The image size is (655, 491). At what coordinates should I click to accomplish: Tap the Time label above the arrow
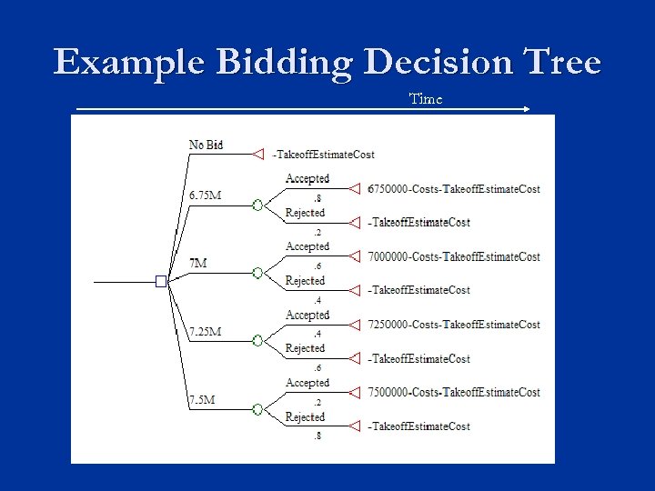click(x=426, y=98)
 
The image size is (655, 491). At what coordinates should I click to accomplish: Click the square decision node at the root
click(x=161, y=281)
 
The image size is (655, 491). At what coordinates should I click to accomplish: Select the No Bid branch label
click(x=206, y=145)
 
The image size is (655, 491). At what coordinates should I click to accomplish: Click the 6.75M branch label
click(x=205, y=195)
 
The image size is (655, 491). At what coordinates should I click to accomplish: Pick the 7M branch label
click(x=197, y=263)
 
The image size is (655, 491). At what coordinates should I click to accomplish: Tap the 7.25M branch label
click(x=205, y=332)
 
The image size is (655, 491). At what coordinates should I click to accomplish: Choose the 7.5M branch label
click(x=202, y=400)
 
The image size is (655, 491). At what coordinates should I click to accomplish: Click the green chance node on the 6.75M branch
click(x=257, y=205)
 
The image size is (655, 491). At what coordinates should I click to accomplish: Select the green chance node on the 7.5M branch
click(x=257, y=410)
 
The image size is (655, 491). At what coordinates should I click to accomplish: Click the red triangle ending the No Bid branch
click(x=257, y=155)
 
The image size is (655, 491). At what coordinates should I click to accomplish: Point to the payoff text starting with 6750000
click(x=454, y=189)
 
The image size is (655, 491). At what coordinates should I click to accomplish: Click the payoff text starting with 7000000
click(x=454, y=257)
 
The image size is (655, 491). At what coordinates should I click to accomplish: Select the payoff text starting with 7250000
click(x=454, y=325)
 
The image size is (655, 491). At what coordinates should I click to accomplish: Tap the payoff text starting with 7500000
click(x=454, y=393)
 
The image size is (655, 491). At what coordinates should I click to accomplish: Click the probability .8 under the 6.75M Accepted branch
click(x=317, y=198)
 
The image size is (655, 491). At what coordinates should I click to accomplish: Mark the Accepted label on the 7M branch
click(x=307, y=246)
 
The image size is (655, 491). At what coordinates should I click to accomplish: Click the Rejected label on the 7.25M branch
click(x=305, y=348)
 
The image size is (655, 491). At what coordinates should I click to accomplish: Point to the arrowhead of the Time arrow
click(x=527, y=109)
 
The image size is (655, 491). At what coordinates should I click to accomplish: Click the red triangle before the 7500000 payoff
click(x=356, y=393)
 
